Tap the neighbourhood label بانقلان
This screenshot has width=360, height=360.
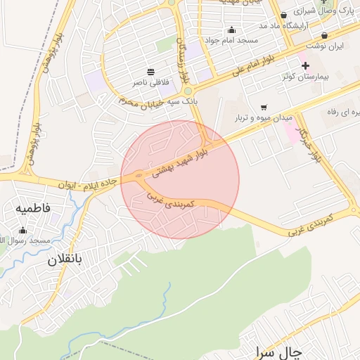[x=65, y=259]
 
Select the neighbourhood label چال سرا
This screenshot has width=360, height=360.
[x=279, y=352]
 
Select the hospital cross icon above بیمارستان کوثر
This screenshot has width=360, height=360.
[x=305, y=65]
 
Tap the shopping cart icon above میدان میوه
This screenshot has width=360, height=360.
[x=264, y=108]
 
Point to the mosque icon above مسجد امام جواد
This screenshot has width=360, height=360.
[x=232, y=30]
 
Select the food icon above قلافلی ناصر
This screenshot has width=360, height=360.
[x=150, y=72]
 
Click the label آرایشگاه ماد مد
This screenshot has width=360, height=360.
[x=263, y=25]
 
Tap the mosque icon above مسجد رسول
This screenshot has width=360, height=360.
[x=22, y=230]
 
